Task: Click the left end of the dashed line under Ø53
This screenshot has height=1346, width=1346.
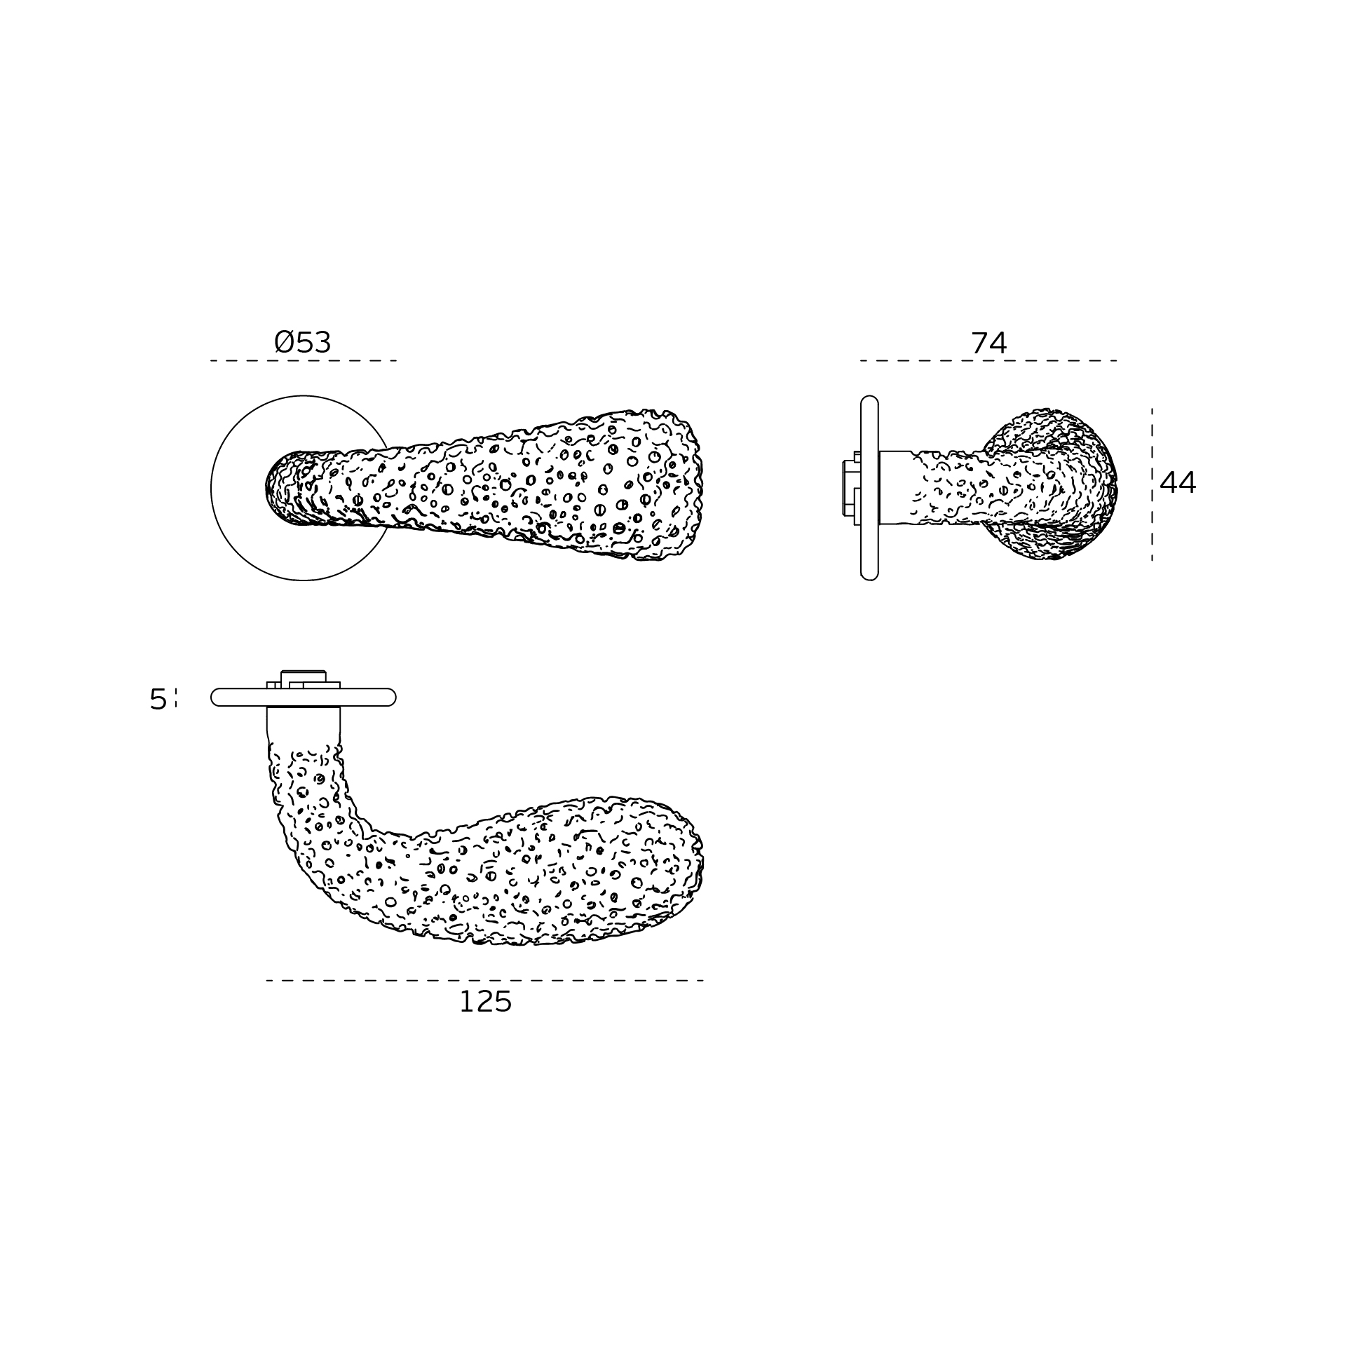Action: point(211,361)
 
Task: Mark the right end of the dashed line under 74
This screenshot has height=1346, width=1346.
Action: point(1117,361)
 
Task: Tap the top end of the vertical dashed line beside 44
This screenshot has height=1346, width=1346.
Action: point(1152,409)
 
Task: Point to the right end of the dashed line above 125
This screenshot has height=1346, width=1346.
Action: point(703,980)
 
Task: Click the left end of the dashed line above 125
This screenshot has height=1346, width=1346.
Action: point(267,980)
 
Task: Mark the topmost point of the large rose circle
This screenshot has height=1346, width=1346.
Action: point(304,395)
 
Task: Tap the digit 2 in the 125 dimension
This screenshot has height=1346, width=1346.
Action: point(485,1002)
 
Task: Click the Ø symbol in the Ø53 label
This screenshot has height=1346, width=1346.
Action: point(284,343)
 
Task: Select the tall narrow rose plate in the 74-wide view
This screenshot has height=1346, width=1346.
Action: point(869,488)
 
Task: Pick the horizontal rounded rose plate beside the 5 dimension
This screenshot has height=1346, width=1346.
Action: point(304,697)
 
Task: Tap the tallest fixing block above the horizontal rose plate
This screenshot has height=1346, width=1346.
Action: point(304,679)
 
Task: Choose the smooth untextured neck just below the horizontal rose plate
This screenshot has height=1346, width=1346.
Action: point(304,722)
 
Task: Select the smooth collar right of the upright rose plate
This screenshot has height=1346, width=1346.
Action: point(896,487)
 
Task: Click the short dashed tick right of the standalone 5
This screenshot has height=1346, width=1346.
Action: point(176,698)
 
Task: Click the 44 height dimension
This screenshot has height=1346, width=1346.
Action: point(1178,483)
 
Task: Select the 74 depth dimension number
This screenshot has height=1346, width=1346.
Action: point(988,344)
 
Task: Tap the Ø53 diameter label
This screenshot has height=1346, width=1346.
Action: point(302,343)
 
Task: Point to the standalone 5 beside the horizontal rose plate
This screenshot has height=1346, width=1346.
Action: point(158,700)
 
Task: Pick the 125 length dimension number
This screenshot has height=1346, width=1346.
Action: point(485,1002)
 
